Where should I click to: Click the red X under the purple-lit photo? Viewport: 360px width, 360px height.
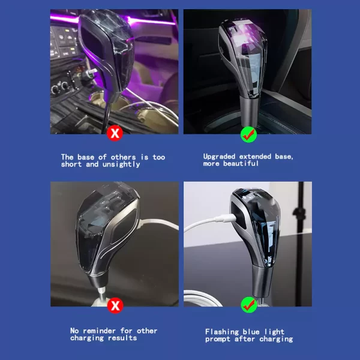[115, 133]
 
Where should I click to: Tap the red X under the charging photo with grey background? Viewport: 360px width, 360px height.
[115, 305]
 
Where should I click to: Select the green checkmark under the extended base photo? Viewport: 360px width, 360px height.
[248, 134]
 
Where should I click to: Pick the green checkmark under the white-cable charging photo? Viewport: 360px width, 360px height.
[249, 305]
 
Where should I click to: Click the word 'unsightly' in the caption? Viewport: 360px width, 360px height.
[121, 164]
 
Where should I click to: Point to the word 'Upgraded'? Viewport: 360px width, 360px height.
[219, 157]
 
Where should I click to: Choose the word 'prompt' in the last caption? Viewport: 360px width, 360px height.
[217, 340]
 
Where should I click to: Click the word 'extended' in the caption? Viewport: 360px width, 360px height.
[255, 157]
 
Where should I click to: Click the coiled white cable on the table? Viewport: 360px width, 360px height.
[202, 298]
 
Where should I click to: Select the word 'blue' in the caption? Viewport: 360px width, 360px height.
[251, 332]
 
